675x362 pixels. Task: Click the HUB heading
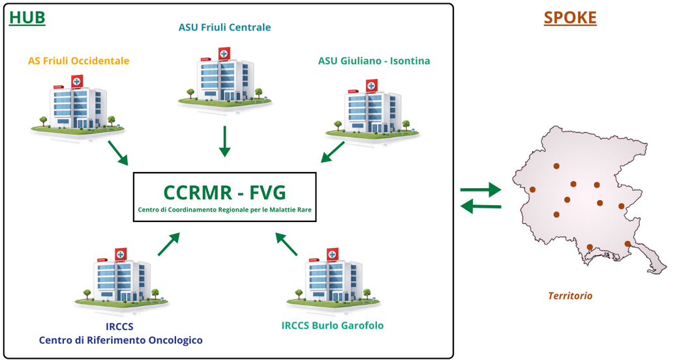(27, 18)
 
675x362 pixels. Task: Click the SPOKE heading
(570, 18)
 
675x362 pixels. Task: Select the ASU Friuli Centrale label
(224, 27)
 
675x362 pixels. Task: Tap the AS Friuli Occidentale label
(78, 61)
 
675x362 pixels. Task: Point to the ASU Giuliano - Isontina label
(374, 61)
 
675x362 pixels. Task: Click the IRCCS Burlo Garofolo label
(333, 326)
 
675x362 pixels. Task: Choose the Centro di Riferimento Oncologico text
(121, 341)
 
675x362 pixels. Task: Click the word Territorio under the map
(570, 296)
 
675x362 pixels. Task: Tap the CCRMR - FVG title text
(224, 193)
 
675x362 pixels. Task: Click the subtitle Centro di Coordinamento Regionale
(224, 210)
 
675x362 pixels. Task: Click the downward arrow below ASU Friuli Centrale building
(224, 141)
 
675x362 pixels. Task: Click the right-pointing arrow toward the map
(481, 190)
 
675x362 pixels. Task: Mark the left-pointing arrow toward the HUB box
(481, 207)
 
